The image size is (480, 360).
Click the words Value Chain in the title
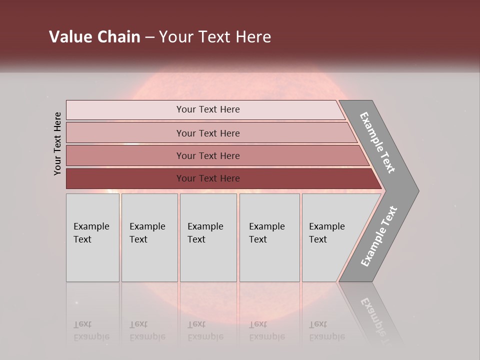94,37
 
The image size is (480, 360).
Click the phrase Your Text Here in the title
215,37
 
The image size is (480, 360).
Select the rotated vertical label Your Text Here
57,143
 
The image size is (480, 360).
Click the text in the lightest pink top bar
208,109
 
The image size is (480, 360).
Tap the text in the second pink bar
208,133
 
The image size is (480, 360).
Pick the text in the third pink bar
208,156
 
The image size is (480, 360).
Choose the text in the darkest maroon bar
208,178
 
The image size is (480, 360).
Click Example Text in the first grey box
91,233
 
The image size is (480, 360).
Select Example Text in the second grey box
147,233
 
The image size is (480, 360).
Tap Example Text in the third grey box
205,233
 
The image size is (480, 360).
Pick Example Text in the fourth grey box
266,233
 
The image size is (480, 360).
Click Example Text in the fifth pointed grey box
326,233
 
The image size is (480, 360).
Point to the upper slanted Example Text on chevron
377,142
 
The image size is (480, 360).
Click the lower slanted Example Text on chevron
378,236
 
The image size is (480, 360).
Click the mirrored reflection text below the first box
91,330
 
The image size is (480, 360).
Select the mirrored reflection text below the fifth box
326,330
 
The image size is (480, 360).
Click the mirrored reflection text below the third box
205,330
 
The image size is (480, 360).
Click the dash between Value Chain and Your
149,37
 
